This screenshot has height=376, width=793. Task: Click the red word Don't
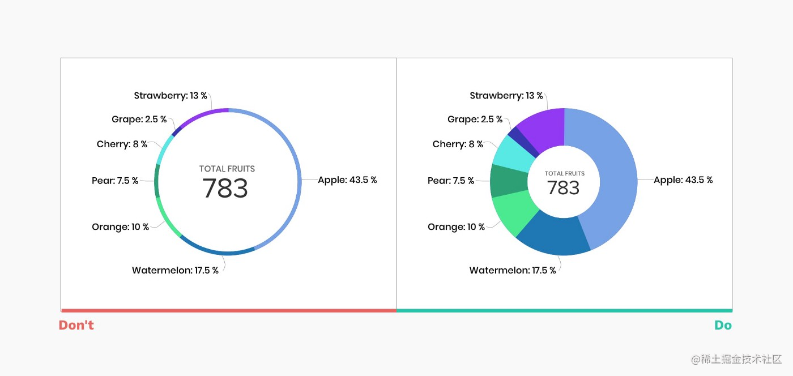coord(76,326)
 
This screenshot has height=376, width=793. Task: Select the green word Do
coord(723,326)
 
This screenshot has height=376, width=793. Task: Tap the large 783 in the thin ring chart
coord(225,189)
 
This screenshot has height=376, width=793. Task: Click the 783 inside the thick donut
coord(564,187)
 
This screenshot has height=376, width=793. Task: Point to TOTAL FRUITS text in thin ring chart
coord(227,169)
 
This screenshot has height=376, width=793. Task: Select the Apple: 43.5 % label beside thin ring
coord(347,180)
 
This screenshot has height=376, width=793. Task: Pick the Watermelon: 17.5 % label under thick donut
coord(513,270)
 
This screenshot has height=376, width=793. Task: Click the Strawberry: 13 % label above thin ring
coord(170,96)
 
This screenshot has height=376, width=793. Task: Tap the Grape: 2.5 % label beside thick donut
coord(475,119)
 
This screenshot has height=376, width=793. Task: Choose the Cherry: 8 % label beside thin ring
coord(122,144)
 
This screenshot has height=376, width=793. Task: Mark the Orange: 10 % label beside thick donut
coord(456,227)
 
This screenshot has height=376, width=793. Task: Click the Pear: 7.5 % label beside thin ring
coord(115,181)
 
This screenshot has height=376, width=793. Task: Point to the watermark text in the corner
coord(736,359)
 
